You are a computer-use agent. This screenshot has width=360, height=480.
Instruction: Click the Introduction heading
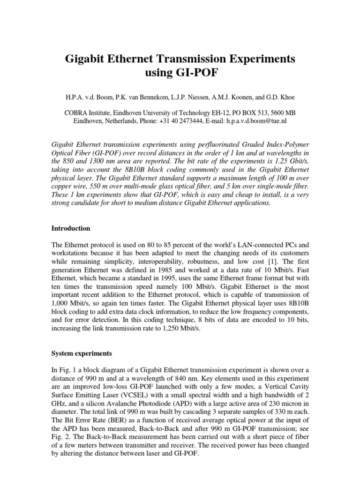click(x=70, y=229)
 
